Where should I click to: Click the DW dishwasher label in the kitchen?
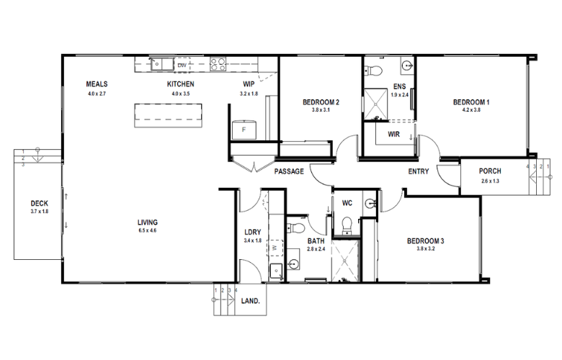(182, 66)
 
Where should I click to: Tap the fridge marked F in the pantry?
(244, 130)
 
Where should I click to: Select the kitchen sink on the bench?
(161, 64)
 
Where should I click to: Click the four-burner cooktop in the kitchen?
(218, 64)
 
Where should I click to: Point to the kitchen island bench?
(168, 115)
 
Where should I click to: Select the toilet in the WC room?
(347, 225)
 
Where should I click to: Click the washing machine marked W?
(275, 248)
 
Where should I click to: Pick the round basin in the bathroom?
(293, 264)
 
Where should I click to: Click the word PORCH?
(490, 171)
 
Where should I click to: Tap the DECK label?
(40, 204)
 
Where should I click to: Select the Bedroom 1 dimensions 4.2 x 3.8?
(471, 110)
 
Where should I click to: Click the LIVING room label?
(147, 222)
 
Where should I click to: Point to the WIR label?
(393, 135)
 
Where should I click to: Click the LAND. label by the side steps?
(250, 301)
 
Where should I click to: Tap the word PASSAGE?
(289, 171)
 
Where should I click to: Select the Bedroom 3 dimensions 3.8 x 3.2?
(425, 248)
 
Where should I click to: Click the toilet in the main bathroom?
(296, 228)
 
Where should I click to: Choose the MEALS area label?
(97, 84)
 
